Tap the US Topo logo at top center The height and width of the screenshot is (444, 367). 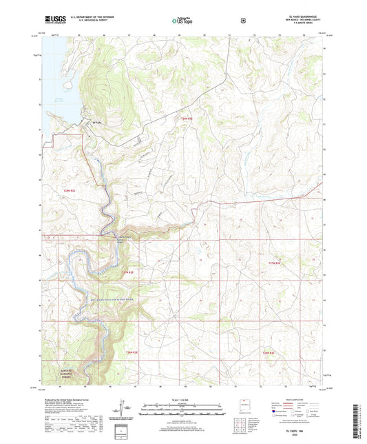pos(182,21)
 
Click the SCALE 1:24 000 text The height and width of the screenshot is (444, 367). pos(182,401)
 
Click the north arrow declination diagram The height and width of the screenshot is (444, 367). pos(124,411)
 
